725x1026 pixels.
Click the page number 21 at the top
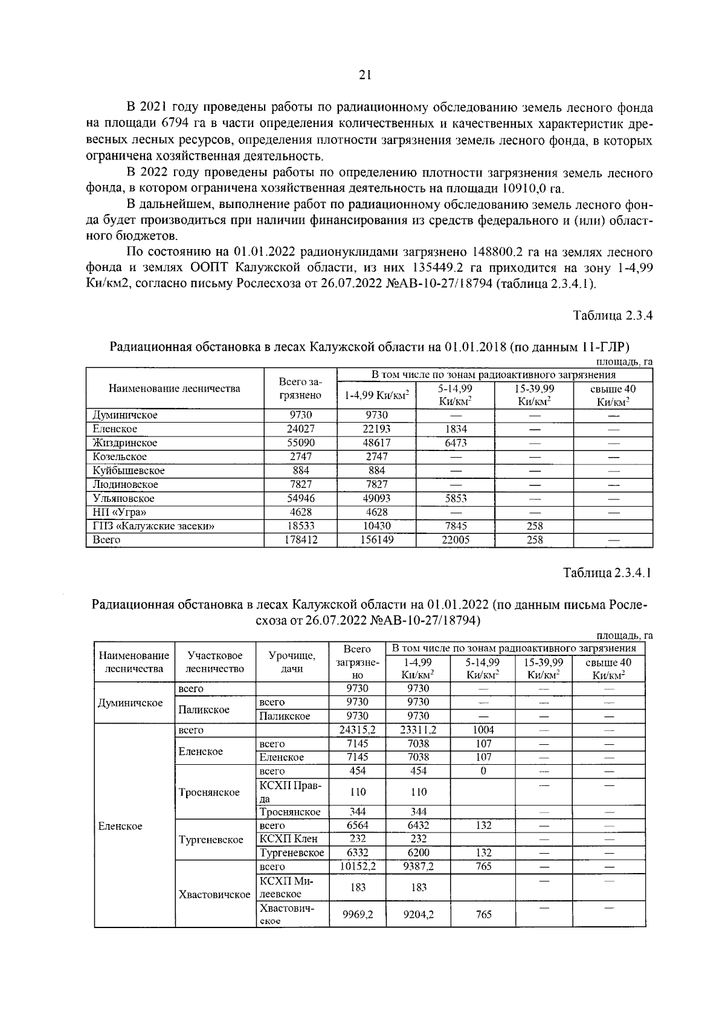tap(364, 75)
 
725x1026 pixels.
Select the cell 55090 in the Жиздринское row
tap(300, 443)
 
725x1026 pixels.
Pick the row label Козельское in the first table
tap(120, 456)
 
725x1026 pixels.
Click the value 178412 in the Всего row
tap(300, 540)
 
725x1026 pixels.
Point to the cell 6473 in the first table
tap(456, 443)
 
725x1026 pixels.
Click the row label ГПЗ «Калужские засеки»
tap(154, 526)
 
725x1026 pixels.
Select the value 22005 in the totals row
tap(456, 540)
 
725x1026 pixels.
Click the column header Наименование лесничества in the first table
tap(174, 389)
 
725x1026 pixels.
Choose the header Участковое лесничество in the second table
tap(215, 662)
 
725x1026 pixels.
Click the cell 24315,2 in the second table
tap(357, 730)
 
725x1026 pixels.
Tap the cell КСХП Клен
tap(288, 839)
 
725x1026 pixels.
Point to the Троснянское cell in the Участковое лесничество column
tap(209, 792)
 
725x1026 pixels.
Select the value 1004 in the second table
tap(483, 730)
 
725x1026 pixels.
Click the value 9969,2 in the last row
tap(357, 915)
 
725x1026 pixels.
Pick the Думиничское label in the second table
tap(130, 703)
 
